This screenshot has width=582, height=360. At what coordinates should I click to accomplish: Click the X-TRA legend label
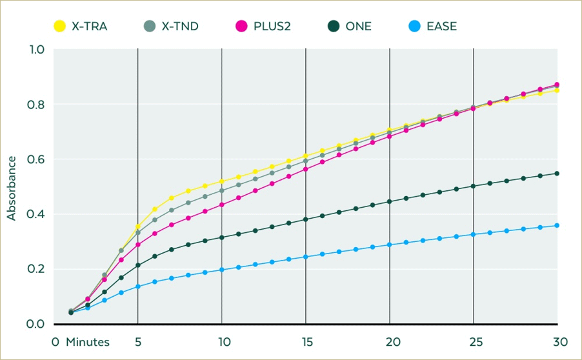click(x=90, y=26)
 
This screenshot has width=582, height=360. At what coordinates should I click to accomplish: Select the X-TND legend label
click(x=180, y=26)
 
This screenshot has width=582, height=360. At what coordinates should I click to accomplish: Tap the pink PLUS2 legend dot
click(x=241, y=26)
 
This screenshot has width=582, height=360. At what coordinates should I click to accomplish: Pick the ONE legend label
click(x=359, y=26)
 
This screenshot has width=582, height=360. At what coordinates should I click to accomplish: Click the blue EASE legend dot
click(x=415, y=26)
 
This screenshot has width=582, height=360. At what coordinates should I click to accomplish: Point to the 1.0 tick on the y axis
click(x=35, y=50)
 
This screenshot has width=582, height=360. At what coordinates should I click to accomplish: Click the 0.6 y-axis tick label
click(x=35, y=159)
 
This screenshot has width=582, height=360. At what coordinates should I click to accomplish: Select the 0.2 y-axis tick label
click(x=35, y=268)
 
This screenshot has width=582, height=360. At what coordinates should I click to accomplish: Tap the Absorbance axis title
click(x=12, y=188)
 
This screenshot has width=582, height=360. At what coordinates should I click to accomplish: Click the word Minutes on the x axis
click(x=88, y=342)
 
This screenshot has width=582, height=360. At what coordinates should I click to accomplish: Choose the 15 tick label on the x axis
click(x=307, y=342)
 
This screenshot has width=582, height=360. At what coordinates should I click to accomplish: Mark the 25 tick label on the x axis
click(x=476, y=342)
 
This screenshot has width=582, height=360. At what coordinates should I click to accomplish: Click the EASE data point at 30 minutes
click(x=557, y=225)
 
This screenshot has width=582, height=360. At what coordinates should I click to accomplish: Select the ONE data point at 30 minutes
click(x=557, y=174)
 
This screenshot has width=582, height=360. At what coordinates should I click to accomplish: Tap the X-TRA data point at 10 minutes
click(x=222, y=181)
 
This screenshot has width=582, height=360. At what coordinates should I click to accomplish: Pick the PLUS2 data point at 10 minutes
click(x=222, y=205)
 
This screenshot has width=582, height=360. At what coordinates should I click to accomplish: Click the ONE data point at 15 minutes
click(x=306, y=219)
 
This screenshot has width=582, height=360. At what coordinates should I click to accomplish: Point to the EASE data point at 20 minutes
click(x=389, y=245)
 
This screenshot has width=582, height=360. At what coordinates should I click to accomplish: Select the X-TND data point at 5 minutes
click(x=138, y=232)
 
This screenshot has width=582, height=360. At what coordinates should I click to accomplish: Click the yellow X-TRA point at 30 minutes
click(x=557, y=90)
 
